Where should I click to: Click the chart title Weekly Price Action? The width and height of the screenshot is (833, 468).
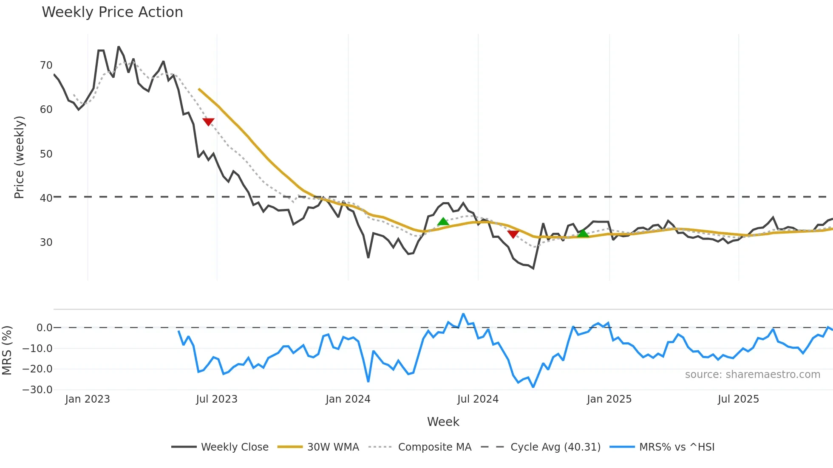click(x=112, y=12)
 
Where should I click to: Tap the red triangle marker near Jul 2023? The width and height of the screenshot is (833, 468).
click(x=208, y=122)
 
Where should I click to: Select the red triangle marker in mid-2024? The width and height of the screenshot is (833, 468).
click(x=513, y=234)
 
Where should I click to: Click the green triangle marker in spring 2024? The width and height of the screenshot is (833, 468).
click(x=443, y=222)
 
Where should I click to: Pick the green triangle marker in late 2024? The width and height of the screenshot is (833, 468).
click(x=583, y=233)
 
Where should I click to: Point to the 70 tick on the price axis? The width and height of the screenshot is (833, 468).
click(x=46, y=65)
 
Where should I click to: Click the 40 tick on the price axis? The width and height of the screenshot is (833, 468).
click(x=46, y=198)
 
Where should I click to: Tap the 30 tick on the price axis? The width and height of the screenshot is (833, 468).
click(x=46, y=242)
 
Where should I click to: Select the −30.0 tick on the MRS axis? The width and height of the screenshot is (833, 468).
click(x=37, y=390)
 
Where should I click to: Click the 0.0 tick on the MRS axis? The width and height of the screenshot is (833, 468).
click(x=44, y=328)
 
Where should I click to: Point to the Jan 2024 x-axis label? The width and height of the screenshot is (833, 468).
click(x=348, y=399)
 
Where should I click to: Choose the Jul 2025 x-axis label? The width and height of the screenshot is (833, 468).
click(x=738, y=399)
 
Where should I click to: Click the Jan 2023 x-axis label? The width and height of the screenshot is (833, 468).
click(x=88, y=399)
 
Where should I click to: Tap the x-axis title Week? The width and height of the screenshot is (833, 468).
click(x=443, y=422)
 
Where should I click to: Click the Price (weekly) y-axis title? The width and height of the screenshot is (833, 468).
click(x=19, y=157)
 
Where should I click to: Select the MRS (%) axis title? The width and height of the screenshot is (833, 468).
click(x=7, y=350)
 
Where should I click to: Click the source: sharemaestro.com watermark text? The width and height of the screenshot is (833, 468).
click(x=752, y=375)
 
